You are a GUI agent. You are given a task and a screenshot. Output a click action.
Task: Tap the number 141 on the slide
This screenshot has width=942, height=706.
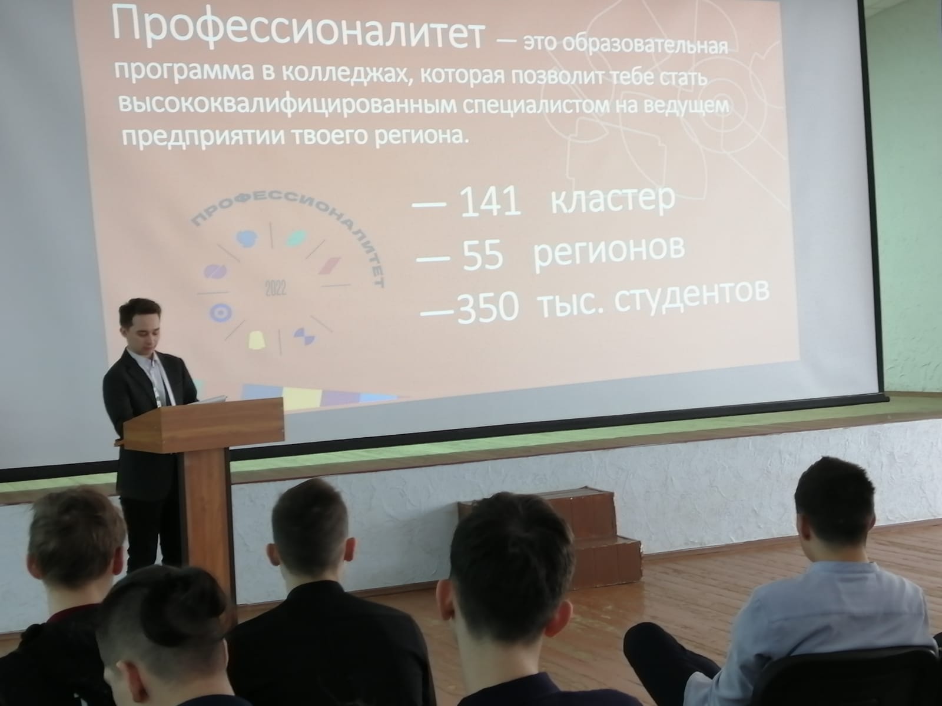click(490, 201)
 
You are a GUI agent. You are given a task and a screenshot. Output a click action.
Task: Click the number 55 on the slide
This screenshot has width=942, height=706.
click(482, 255)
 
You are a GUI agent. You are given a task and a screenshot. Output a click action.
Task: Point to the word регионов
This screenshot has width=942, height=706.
click(608, 254)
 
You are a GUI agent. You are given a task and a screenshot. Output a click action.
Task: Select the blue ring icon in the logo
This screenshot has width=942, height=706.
click(221, 313)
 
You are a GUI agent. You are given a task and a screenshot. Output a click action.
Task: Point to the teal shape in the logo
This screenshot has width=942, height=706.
click(297, 238)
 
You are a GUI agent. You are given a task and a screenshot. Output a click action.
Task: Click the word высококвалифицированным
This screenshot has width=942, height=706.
click(286, 105)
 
